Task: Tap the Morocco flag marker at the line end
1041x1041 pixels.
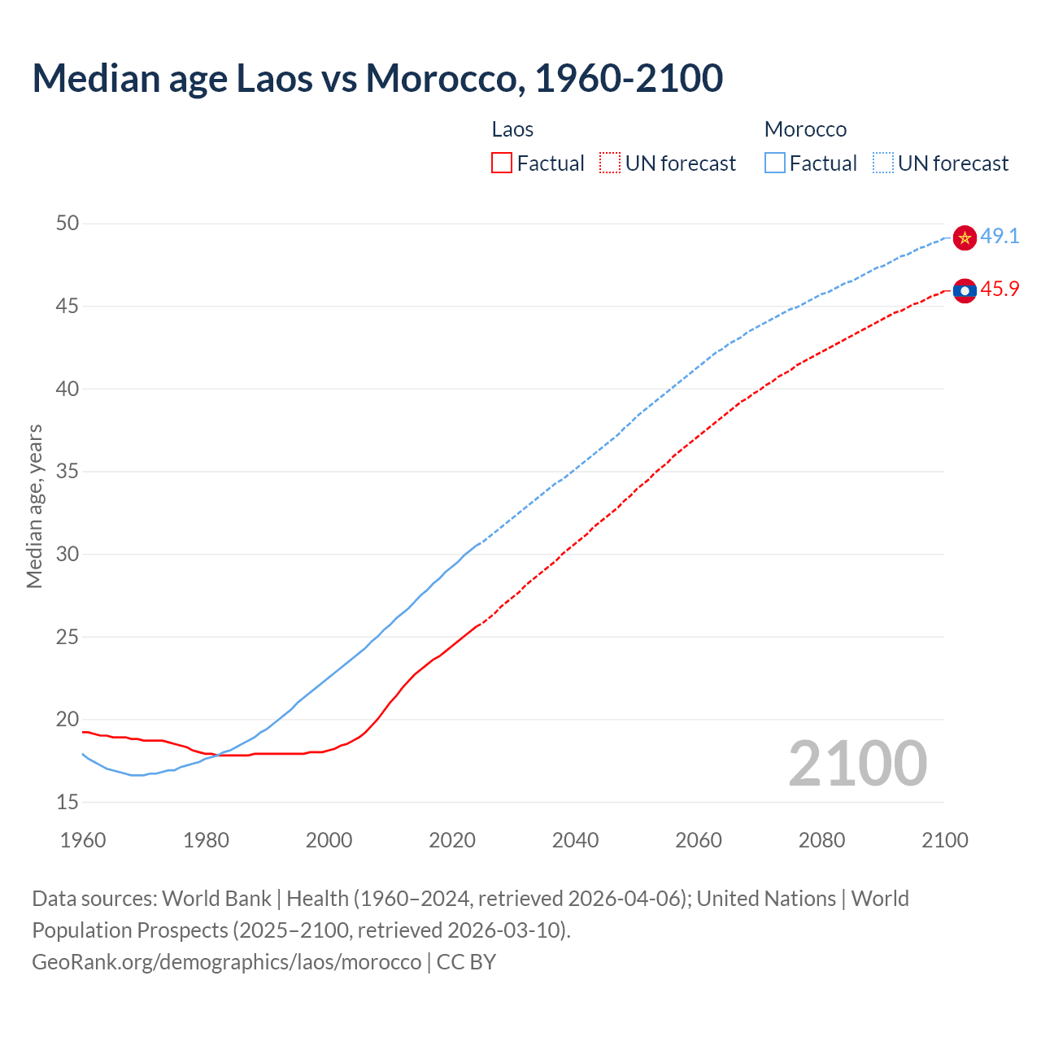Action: [x=965, y=237]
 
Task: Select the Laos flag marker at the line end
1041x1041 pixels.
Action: [x=965, y=290]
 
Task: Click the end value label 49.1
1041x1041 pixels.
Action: [x=1000, y=237]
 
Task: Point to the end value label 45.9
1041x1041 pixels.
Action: [x=1000, y=290]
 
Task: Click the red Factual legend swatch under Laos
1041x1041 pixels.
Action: [x=502, y=163]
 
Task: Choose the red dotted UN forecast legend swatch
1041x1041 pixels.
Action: [x=610, y=163]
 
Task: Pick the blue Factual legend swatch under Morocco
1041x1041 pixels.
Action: [x=775, y=163]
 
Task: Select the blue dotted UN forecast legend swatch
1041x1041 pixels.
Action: [x=883, y=163]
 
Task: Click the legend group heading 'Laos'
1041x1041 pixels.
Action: [x=512, y=129]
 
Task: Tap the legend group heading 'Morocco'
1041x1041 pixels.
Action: [x=805, y=129]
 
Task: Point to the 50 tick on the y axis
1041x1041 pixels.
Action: [x=68, y=223]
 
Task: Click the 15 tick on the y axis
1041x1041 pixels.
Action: [x=68, y=802]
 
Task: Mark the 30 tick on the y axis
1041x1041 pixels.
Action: [x=68, y=554]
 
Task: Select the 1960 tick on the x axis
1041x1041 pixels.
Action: [x=83, y=840]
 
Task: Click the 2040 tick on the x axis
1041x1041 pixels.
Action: [x=575, y=840]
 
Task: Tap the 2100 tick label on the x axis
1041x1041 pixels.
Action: [x=944, y=840]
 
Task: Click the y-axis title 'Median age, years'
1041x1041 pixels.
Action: [x=34, y=506]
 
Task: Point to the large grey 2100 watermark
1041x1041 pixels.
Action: [x=857, y=764]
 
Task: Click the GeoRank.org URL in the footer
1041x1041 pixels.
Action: [x=227, y=962]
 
